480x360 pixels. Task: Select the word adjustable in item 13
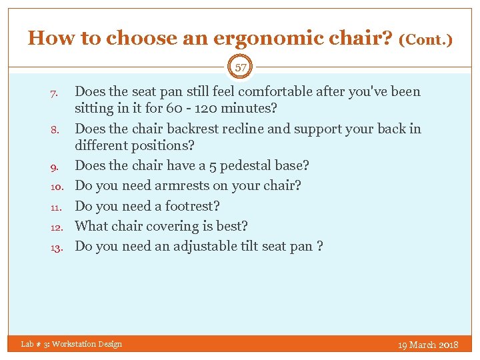207,246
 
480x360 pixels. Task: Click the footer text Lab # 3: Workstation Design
71,344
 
